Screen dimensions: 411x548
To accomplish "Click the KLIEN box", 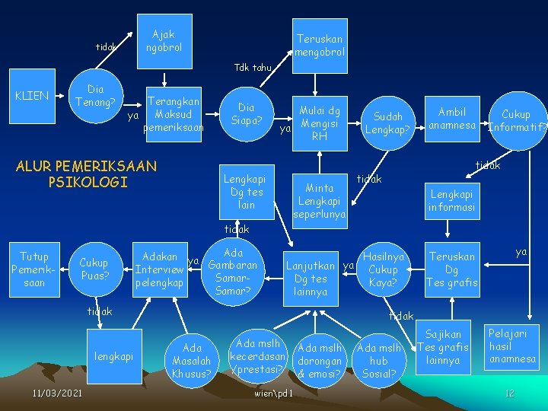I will coord(32,96).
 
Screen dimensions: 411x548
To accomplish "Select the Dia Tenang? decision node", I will coord(96,96).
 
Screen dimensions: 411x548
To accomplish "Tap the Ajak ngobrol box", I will coord(164,40).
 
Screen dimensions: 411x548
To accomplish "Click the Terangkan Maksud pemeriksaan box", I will coord(174,115).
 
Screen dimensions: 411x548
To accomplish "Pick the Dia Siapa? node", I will coord(247,114).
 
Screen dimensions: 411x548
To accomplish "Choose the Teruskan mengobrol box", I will coord(320,45).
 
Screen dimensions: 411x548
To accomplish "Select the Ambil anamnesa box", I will coord(452,118).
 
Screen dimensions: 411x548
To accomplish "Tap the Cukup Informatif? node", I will coord(517,120).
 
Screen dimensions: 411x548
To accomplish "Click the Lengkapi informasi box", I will coord(452,200).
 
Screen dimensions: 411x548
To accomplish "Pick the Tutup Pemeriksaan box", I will coord(34,269).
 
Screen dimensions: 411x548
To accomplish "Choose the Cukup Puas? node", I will coord(94,269).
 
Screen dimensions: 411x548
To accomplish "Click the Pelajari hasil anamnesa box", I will coord(512,346).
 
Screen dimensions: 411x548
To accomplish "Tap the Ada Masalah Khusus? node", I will coord(192,360).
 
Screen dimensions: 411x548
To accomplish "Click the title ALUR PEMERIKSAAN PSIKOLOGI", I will coord(86,174).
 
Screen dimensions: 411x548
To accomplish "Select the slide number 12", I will coord(509,393).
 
